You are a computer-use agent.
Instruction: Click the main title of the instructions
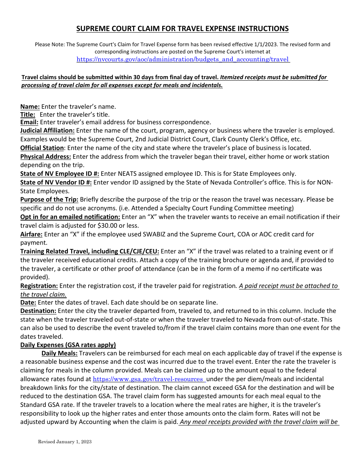pos(182,28)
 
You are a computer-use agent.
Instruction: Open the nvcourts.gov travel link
pos(183,59)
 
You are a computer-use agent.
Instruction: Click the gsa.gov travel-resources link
pos(148,379)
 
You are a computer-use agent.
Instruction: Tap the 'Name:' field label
pos(30,106)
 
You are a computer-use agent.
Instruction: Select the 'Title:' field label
pos(28,114)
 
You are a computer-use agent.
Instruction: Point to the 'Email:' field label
pos(29,122)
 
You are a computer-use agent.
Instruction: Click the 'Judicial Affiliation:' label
pos(47,130)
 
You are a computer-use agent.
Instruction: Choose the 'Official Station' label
pos(42,148)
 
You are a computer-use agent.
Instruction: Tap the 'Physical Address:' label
pos(45,156)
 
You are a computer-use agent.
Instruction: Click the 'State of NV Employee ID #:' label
pos(59,174)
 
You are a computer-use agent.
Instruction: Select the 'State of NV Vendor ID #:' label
pos(56,182)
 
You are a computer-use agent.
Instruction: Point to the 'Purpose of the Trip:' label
pos(49,199)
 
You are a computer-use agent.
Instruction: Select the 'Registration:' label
pos(39,286)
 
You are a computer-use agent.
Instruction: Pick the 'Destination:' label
pos(38,311)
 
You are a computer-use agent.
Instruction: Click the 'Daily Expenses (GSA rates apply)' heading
pos(68,345)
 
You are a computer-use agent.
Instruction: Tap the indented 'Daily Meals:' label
pos(59,353)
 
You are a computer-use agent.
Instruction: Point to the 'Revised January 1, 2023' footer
pos(64,442)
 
